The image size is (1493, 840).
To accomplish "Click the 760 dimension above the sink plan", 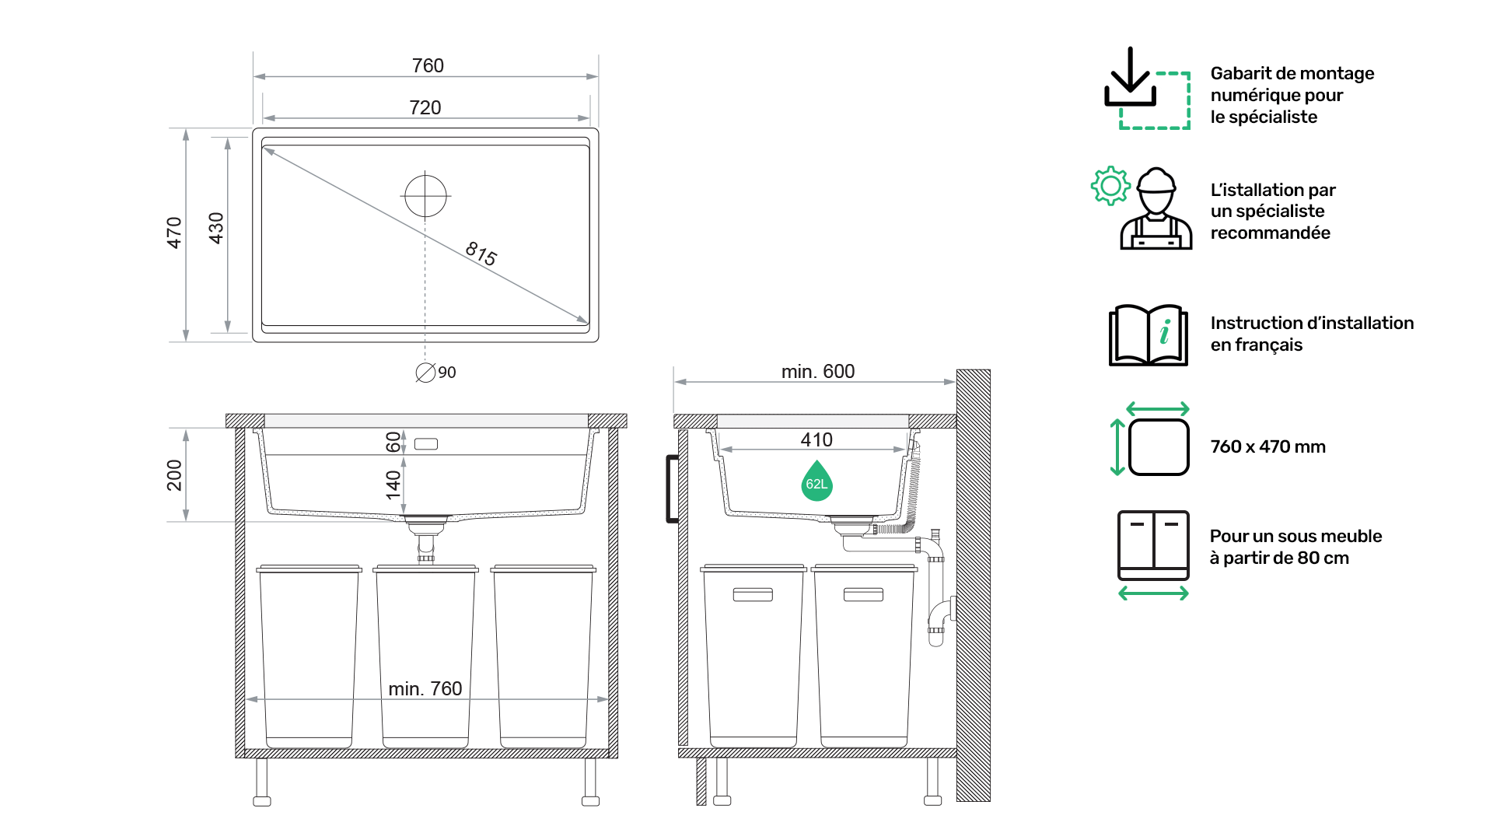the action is [428, 65].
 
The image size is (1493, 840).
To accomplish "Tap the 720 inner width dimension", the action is [425, 107].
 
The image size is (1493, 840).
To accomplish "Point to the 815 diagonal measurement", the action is [481, 254].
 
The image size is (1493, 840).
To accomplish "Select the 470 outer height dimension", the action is [174, 233].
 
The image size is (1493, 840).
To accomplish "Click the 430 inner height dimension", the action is [216, 228].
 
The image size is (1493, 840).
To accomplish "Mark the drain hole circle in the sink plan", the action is [425, 196].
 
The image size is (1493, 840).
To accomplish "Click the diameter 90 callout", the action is [436, 373].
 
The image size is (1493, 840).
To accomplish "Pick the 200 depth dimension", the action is [174, 475].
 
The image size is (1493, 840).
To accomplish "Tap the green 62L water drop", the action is [816, 481].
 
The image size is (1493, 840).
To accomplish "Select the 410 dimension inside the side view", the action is [816, 439].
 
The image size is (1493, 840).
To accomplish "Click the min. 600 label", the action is [818, 372].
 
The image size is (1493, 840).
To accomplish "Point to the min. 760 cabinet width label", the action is [425, 688].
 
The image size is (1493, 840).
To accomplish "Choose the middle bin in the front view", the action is [425, 656].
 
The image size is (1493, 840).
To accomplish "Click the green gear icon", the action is [1110, 186].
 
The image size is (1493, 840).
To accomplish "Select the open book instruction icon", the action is [1149, 334].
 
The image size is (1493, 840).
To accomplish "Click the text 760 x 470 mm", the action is [1267, 446].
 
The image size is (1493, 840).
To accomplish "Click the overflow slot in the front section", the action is [426, 444].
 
